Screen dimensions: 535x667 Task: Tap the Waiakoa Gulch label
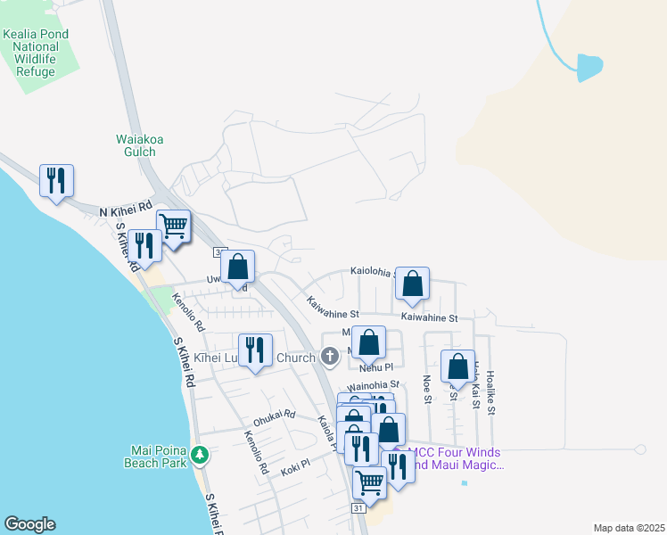[x=136, y=145]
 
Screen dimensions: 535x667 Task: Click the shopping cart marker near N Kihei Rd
[x=173, y=225]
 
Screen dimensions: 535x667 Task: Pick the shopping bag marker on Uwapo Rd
[x=238, y=266]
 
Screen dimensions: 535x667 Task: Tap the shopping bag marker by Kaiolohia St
[x=413, y=284]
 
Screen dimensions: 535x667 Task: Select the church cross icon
[x=330, y=358]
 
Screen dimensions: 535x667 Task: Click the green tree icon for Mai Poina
[x=202, y=456]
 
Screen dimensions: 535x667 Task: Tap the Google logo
[x=29, y=524]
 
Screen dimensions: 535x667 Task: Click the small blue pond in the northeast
[x=589, y=68]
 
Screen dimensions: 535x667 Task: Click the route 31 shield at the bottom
[x=358, y=507]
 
